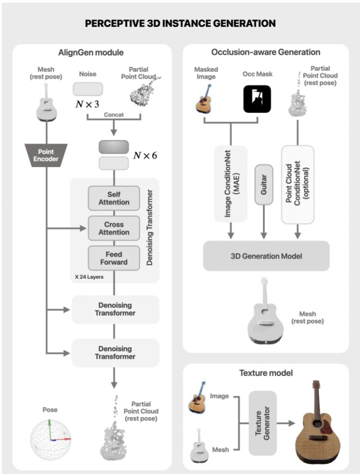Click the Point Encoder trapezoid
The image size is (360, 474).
click(x=46, y=155)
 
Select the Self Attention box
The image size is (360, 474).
click(x=114, y=198)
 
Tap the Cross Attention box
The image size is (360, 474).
click(x=114, y=228)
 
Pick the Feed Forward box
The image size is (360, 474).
click(x=114, y=258)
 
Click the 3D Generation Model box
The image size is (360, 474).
click(x=266, y=256)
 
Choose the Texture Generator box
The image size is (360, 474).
click(x=262, y=423)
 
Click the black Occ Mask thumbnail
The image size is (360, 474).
click(x=257, y=99)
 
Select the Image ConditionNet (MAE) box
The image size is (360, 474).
click(x=230, y=184)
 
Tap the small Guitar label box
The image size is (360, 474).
click(x=264, y=184)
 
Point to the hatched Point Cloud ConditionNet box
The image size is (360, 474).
click(x=298, y=185)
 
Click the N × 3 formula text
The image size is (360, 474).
click(x=87, y=104)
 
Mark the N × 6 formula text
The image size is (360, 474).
click(x=145, y=156)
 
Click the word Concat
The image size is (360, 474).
click(x=114, y=115)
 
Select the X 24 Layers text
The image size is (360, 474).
click(x=89, y=277)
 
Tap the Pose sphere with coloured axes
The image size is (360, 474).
click(x=50, y=439)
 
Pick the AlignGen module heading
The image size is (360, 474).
click(x=91, y=53)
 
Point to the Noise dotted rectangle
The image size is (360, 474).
click(x=87, y=89)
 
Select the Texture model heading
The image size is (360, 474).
click(x=266, y=373)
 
